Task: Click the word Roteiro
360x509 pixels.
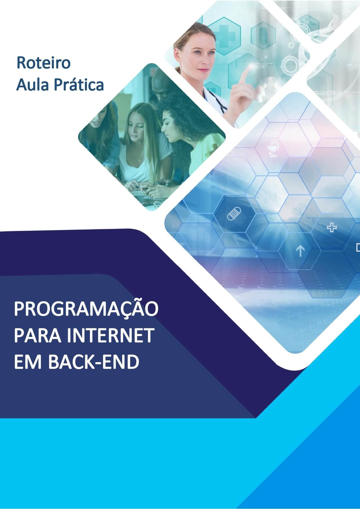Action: tap(44, 63)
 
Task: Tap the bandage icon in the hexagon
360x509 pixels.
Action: tap(234, 214)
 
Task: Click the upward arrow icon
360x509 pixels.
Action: tap(300, 251)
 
